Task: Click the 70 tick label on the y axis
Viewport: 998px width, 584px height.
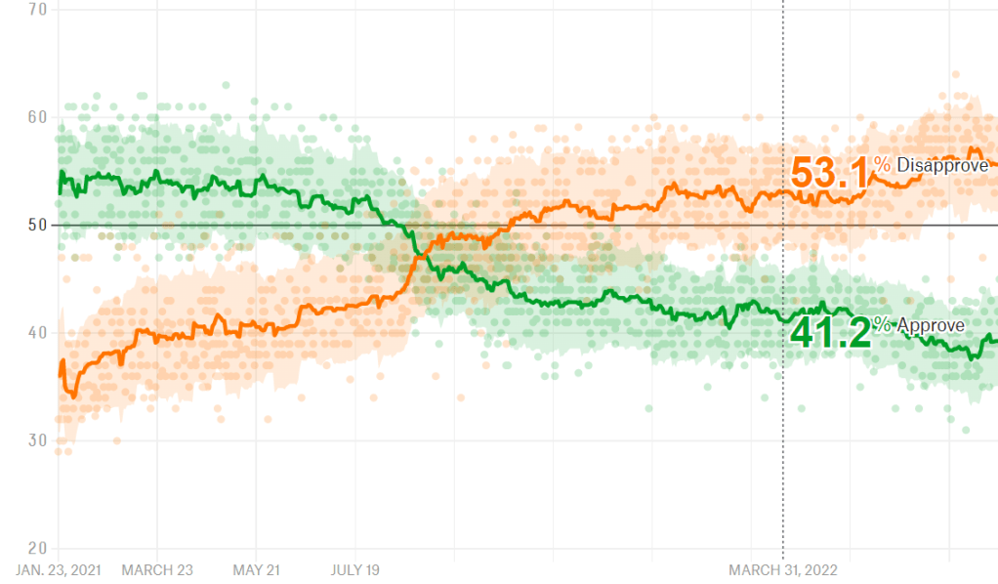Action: point(39,10)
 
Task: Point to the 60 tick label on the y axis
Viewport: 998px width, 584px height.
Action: point(39,117)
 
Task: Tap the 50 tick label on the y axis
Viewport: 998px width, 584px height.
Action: point(39,225)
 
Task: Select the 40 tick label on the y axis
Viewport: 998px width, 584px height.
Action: point(39,333)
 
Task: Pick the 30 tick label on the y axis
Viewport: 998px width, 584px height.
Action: point(39,440)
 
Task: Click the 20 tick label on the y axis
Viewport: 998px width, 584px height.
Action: point(39,548)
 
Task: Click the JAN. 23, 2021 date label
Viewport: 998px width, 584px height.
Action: point(60,569)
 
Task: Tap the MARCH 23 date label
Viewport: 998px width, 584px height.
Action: point(156,569)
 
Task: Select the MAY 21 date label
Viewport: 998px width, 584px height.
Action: point(256,569)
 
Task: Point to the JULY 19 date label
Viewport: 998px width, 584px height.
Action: point(355,569)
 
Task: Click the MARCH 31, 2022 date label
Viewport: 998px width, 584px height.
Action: point(783,569)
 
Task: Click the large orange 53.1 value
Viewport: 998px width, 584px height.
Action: point(830,173)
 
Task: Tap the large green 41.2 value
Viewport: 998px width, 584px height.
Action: point(830,332)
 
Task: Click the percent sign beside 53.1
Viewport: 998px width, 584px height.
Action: point(882,166)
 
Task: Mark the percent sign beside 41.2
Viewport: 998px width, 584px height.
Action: point(882,325)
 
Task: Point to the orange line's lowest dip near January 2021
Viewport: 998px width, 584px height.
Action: point(73,396)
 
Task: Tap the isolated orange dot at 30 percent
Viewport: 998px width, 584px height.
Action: point(116,440)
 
